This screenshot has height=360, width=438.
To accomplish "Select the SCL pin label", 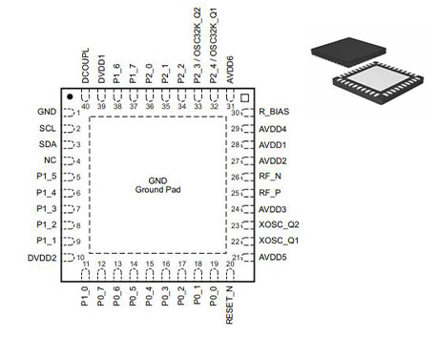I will point(47,128).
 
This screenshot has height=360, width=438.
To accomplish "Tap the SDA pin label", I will point(47,144).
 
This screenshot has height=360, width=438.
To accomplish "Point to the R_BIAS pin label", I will point(273,113).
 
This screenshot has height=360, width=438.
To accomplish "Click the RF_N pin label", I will point(269,177).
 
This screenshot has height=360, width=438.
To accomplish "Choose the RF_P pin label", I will point(269,193).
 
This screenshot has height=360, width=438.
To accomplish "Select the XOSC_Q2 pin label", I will point(278,225).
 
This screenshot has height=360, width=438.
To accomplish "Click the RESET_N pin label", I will point(230,307).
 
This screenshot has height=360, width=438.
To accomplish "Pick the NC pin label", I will point(50,160).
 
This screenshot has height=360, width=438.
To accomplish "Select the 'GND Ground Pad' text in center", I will point(157,185).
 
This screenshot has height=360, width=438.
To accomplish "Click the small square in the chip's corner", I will point(244,98).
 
